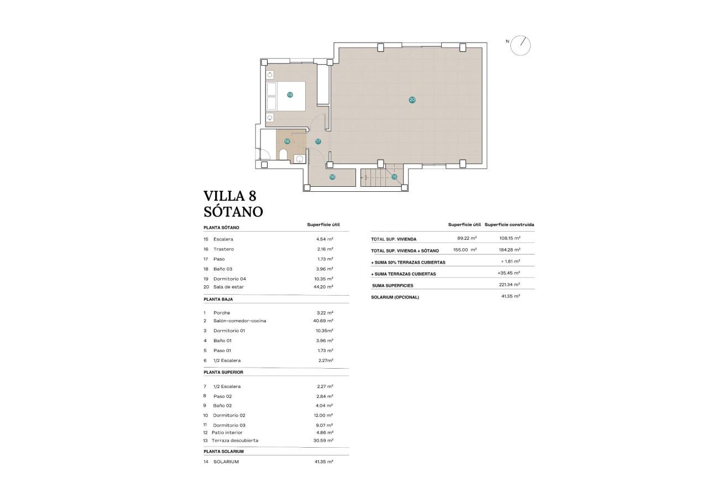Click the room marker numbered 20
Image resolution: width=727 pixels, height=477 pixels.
pyautogui.click(x=412, y=100)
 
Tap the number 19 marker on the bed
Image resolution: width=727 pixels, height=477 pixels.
pyautogui.click(x=290, y=95)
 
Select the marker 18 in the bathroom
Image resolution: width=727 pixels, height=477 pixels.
pyautogui.click(x=286, y=141)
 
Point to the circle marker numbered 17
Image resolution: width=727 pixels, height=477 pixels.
pyautogui.click(x=318, y=141)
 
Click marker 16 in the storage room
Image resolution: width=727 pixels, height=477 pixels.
pyautogui.click(x=332, y=177)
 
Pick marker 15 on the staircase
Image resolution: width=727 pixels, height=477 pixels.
pyautogui.click(x=394, y=177)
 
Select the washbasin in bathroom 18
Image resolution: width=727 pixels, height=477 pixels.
pyautogui.click(x=300, y=159)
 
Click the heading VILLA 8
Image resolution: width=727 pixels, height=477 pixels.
pyautogui.click(x=230, y=196)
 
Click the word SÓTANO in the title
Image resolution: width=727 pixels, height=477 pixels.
pyautogui.click(x=233, y=212)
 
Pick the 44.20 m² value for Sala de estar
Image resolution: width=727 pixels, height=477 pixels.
pyautogui.click(x=323, y=287)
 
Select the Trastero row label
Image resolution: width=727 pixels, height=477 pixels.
pyautogui.click(x=223, y=249)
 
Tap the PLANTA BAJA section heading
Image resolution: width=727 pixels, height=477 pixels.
pyautogui.click(x=218, y=299)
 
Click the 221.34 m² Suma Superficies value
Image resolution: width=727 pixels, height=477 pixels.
pyautogui.click(x=509, y=285)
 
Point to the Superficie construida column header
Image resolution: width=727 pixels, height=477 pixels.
pyautogui.click(x=509, y=225)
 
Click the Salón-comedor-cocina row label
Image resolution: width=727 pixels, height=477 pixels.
pyautogui.click(x=236, y=321)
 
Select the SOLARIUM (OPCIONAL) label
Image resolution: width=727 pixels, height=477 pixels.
pyautogui.click(x=395, y=297)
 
